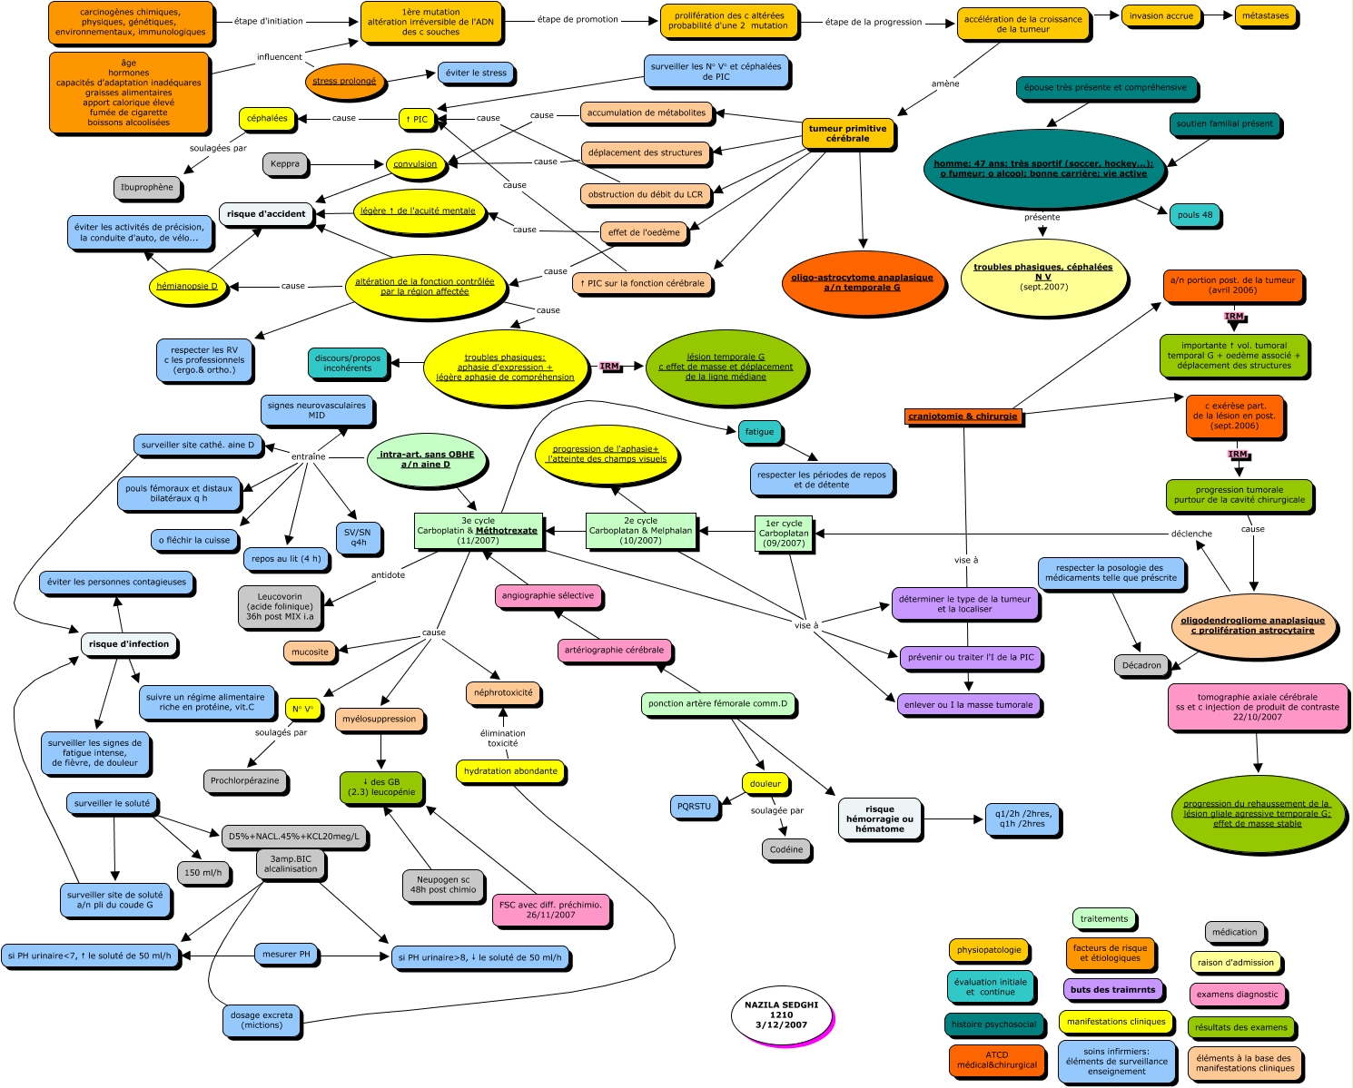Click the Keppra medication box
(x=285, y=165)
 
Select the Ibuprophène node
(x=147, y=188)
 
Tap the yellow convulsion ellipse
(x=415, y=164)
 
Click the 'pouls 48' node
(x=1194, y=215)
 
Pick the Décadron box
(x=1141, y=665)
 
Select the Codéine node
(x=786, y=850)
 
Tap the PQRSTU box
(x=695, y=806)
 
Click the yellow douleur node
(x=765, y=784)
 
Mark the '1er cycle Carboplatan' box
(x=784, y=533)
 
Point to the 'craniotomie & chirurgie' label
(x=964, y=417)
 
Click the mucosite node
(x=310, y=652)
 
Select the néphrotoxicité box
(x=503, y=692)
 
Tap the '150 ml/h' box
(x=203, y=873)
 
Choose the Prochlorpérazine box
(x=245, y=780)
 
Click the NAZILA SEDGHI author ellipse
(x=781, y=1015)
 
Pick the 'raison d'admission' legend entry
(x=1234, y=963)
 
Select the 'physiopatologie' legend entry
(x=989, y=951)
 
